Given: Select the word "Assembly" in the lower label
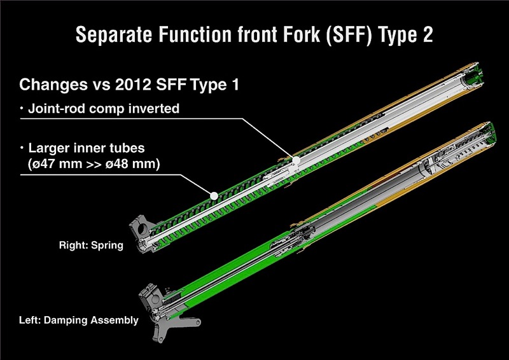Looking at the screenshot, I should tap(117, 320).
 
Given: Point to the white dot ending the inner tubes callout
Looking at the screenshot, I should tap(214, 196).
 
